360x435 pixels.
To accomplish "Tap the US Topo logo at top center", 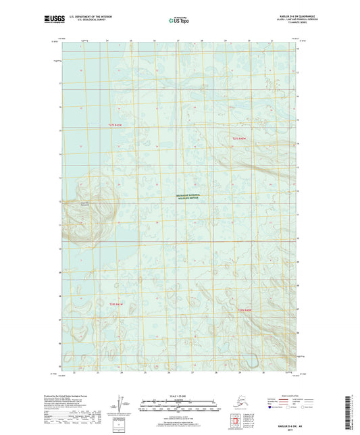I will click(x=179, y=21).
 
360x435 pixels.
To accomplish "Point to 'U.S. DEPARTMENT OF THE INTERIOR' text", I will click(x=99, y=16).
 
